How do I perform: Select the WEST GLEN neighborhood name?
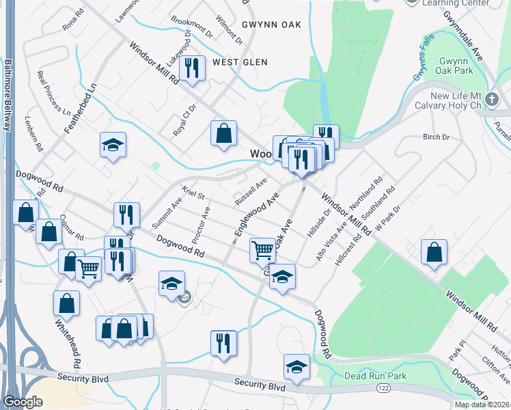(x=236, y=62)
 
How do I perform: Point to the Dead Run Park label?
(x=375, y=376)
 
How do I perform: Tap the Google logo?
(x=23, y=402)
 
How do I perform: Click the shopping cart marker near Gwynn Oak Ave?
(x=262, y=250)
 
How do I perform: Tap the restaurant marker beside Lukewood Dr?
(x=192, y=68)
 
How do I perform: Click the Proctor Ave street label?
(x=201, y=225)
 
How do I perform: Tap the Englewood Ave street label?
(x=255, y=214)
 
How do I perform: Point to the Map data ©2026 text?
(x=482, y=405)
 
